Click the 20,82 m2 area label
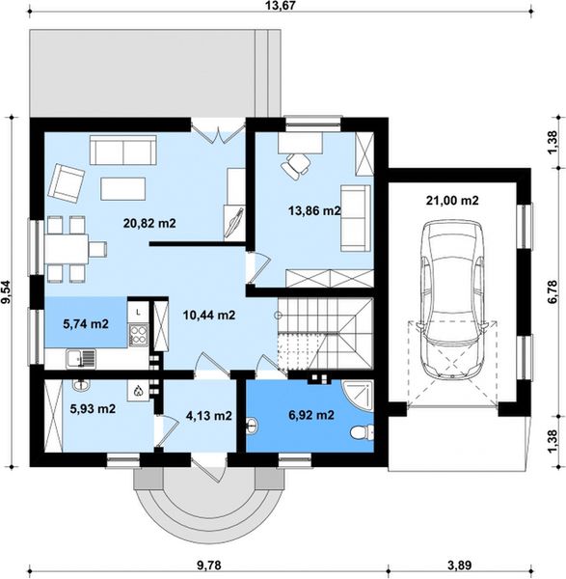pos(149,223)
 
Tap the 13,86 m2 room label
pos(314,210)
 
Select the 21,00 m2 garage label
pos(452,201)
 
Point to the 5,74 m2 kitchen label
pos(86,324)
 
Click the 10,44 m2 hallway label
pos(209,315)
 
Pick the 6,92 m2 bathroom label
pos(311,415)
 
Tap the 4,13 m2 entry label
pos(209,416)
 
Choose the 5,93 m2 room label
pos(93,409)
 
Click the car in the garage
pos(452,300)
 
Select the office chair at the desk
pos(296,167)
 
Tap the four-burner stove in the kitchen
pos(138,335)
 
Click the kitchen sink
pos(81,359)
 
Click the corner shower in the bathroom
pos(359,396)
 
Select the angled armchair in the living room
pos(67,184)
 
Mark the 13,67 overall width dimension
pos(281,5)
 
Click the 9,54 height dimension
pos(7,292)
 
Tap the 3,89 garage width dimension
pos(460,565)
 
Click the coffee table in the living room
pos(122,189)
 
